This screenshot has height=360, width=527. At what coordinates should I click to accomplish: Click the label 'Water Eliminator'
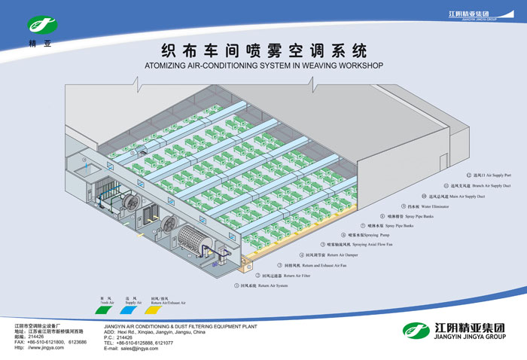click(x=440, y=206)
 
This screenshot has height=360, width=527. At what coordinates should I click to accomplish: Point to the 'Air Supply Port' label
click(x=452, y=175)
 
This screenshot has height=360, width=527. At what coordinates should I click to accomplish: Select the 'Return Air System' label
click(x=263, y=285)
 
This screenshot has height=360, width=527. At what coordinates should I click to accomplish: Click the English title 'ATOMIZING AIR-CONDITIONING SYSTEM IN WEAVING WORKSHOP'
click(x=263, y=66)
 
